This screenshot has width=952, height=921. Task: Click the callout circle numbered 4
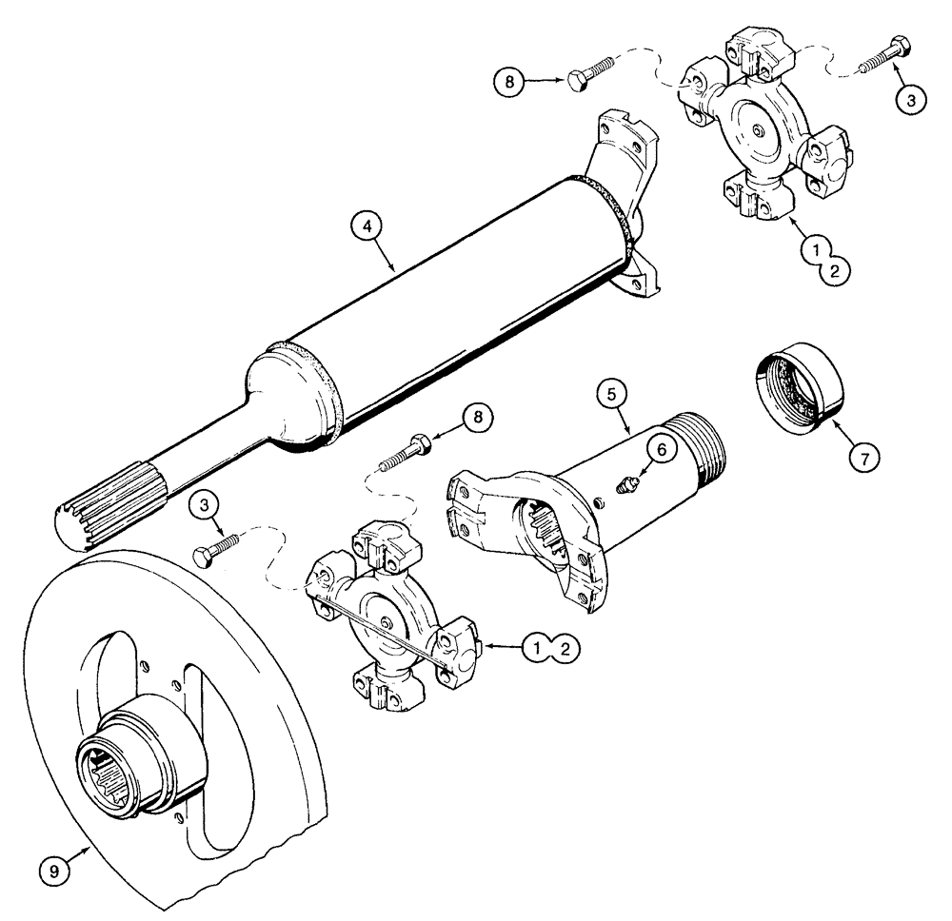365,229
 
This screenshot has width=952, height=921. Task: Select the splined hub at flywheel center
122,761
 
